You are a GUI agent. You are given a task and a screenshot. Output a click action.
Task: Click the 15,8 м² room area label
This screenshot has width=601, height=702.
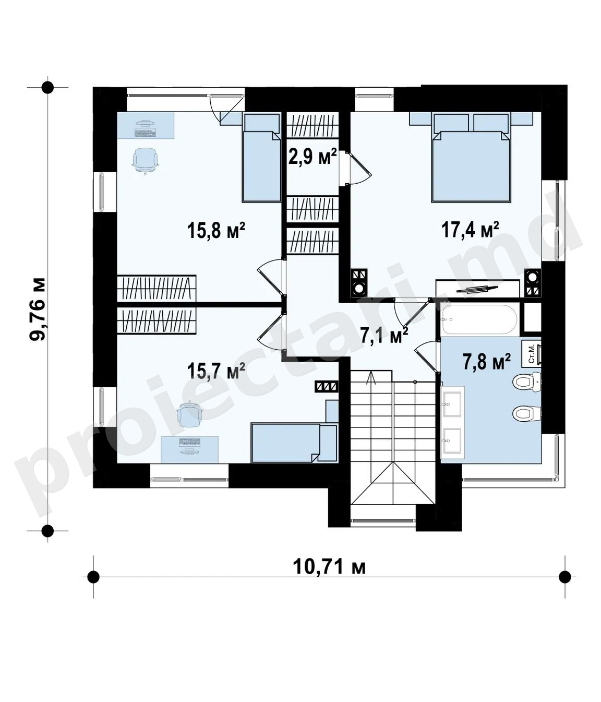tap(216, 231)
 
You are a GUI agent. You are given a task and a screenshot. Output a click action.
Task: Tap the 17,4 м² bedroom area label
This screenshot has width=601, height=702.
tap(470, 230)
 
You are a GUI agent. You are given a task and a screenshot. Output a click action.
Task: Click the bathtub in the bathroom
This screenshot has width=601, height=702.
tap(479, 319)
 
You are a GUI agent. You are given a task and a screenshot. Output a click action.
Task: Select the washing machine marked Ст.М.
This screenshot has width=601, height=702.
tap(533, 354)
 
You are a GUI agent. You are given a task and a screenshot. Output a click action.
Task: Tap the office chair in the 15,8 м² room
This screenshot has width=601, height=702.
tap(146, 161)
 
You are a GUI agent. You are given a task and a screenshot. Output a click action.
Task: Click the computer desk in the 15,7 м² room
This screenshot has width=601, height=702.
tap(189, 450)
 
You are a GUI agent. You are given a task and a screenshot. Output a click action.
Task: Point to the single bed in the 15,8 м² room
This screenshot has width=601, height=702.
tap(261, 158)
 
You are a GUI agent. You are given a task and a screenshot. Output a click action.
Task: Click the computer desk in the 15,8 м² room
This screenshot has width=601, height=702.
tap(146, 125)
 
